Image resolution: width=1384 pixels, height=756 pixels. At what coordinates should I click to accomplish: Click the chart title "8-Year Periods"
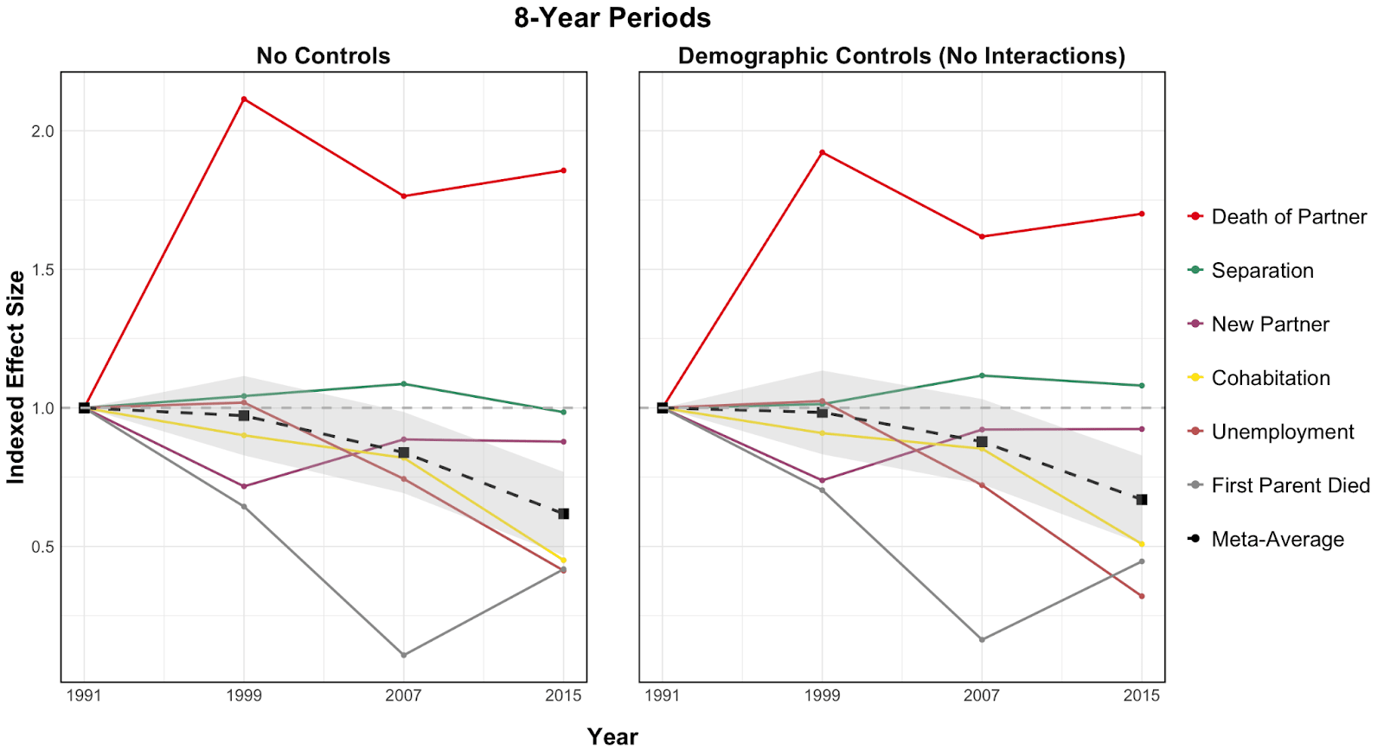tap(612, 18)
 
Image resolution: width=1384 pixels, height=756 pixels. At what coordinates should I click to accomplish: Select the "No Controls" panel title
tap(323, 56)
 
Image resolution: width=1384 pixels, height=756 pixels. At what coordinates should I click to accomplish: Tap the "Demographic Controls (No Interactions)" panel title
tap(901, 56)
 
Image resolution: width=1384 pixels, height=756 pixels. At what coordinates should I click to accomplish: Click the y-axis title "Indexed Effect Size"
tap(16, 377)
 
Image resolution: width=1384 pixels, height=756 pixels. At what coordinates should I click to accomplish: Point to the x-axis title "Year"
tap(612, 737)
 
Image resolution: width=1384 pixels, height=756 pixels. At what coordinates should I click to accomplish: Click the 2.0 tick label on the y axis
tap(42, 131)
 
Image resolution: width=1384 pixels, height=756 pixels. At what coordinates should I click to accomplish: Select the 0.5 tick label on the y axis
tap(42, 547)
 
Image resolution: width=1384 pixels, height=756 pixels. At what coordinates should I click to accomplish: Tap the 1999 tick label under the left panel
tap(244, 695)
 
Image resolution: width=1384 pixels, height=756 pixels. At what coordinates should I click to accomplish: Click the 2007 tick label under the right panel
tap(981, 695)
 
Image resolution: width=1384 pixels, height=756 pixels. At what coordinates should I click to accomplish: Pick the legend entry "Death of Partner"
tap(1288, 217)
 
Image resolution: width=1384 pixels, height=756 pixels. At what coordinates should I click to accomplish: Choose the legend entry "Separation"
tap(1262, 271)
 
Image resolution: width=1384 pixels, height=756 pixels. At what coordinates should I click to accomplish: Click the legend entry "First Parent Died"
tap(1290, 486)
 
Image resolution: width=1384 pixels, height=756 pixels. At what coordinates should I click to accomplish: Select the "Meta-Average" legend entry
tap(1277, 540)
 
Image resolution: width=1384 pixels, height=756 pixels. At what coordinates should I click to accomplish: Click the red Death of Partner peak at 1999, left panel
tap(244, 99)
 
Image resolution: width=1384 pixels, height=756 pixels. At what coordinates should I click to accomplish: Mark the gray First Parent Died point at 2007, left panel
tap(404, 655)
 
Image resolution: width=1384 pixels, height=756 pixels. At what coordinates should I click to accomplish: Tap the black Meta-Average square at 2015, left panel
tap(563, 514)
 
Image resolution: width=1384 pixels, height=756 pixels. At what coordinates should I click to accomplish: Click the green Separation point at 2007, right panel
tap(982, 375)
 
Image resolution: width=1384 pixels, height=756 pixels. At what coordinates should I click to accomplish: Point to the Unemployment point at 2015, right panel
tap(1142, 596)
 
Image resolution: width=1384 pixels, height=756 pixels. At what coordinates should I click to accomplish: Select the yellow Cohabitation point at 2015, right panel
tap(1142, 544)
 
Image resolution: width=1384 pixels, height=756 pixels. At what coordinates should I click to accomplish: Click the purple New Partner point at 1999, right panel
tap(822, 480)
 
